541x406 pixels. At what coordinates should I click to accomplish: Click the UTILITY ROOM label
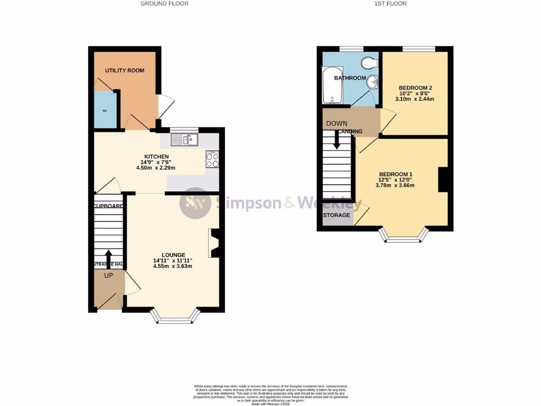124,70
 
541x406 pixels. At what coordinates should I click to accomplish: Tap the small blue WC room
105,110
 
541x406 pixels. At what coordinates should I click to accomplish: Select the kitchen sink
184,140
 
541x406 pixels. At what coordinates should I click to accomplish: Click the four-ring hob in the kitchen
212,160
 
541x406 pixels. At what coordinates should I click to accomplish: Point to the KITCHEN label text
157,156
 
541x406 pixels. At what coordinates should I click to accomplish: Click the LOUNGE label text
172,255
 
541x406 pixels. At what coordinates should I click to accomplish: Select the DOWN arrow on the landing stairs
336,139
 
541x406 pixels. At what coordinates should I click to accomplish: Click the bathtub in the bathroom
332,85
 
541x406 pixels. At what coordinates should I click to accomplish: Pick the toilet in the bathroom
369,63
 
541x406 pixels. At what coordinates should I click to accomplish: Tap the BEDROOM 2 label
416,88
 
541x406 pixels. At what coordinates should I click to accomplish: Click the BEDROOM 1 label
395,174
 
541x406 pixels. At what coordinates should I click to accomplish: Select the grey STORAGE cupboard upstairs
337,216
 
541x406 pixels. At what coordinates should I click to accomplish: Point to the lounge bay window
175,316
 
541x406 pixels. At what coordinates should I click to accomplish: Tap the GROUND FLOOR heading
164,4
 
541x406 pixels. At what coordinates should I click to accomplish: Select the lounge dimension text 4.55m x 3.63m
172,266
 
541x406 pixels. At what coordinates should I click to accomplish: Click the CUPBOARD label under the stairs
109,206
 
